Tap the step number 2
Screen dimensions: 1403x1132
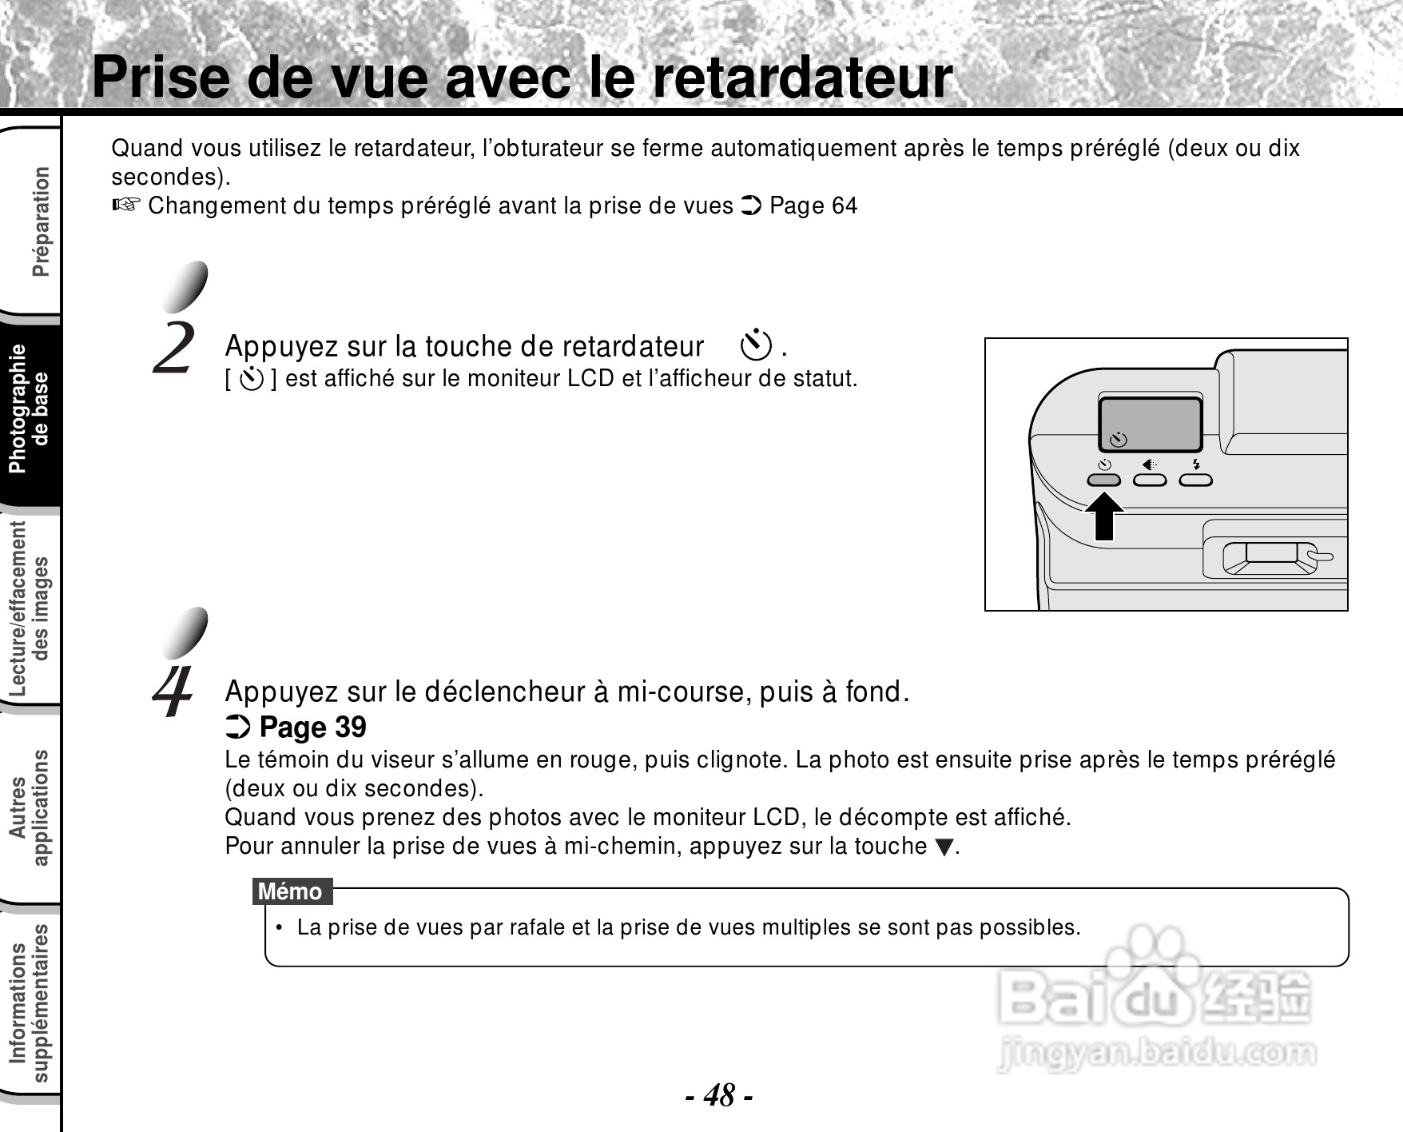point(174,347)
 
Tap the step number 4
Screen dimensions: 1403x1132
point(173,692)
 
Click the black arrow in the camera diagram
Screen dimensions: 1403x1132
point(1104,516)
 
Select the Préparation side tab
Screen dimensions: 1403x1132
point(40,221)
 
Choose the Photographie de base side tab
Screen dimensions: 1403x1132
point(29,409)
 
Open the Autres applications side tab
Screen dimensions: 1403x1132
point(29,807)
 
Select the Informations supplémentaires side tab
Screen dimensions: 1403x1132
point(29,1003)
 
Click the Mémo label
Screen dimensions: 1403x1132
point(291,891)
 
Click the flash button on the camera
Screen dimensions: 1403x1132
point(1196,480)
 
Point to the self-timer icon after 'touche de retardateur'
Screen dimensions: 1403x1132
point(756,345)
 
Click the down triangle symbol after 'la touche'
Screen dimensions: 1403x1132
point(944,847)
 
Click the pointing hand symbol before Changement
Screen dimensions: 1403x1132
point(126,205)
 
